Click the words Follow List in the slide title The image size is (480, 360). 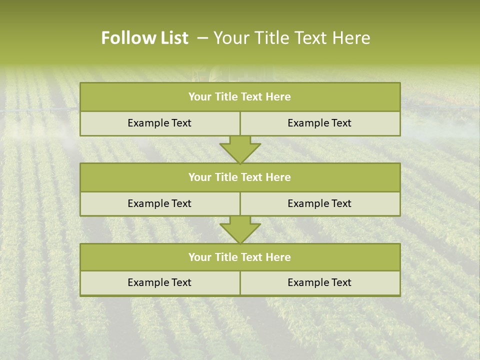tap(144, 38)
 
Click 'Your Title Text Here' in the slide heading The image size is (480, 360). tap(292, 38)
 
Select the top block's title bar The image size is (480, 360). tap(240, 97)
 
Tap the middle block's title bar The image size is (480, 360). tap(240, 177)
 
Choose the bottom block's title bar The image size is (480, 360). tap(240, 257)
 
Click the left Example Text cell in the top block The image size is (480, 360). tap(159, 123)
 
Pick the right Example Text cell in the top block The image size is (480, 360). tap(319, 123)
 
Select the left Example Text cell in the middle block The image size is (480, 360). tap(159, 203)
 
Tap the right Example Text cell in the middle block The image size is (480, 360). tap(319, 203)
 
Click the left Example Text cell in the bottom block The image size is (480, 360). tap(159, 282)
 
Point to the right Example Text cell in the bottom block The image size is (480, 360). tap(319, 282)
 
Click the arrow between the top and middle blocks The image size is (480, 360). tap(240, 149)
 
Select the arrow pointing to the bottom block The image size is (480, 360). tap(240, 229)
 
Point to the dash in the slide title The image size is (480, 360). tap(202, 38)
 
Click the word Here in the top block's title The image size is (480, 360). tap(278, 97)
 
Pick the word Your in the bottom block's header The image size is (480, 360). tap(199, 257)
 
